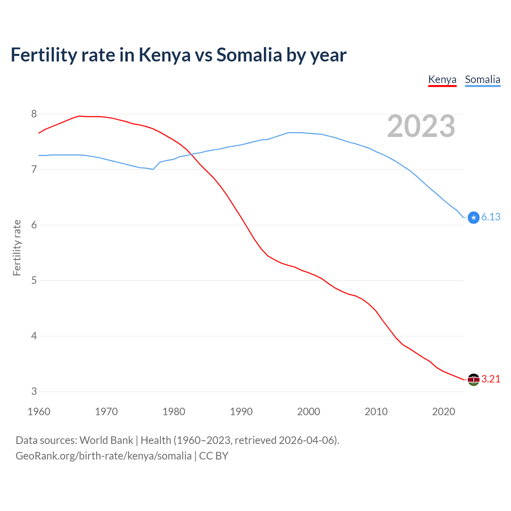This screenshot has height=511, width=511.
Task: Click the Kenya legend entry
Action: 442,79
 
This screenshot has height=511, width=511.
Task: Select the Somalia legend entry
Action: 482,79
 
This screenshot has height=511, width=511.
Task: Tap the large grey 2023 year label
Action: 421,126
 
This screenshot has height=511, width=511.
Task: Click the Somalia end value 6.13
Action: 491,217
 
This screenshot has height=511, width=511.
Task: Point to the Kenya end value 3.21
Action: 491,379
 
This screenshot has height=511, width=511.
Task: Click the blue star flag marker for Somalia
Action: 473,218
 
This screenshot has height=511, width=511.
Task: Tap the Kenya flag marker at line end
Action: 473,379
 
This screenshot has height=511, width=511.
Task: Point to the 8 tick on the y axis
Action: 34,114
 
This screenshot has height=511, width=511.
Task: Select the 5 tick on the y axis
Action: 34,281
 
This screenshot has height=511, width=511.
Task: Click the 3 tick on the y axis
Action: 34,392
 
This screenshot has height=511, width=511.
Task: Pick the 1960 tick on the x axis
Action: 39,412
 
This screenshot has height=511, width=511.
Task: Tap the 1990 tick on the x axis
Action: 241,412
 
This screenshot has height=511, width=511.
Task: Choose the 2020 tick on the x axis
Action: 444,412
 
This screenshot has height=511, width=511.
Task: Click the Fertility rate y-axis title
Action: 17,248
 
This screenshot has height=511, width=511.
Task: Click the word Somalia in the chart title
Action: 249,55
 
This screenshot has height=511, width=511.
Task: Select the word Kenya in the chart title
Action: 164,55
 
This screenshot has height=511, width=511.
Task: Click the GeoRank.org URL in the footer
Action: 103,456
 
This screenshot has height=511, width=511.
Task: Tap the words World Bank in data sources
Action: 106,440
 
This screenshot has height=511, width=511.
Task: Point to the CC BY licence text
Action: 214,456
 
